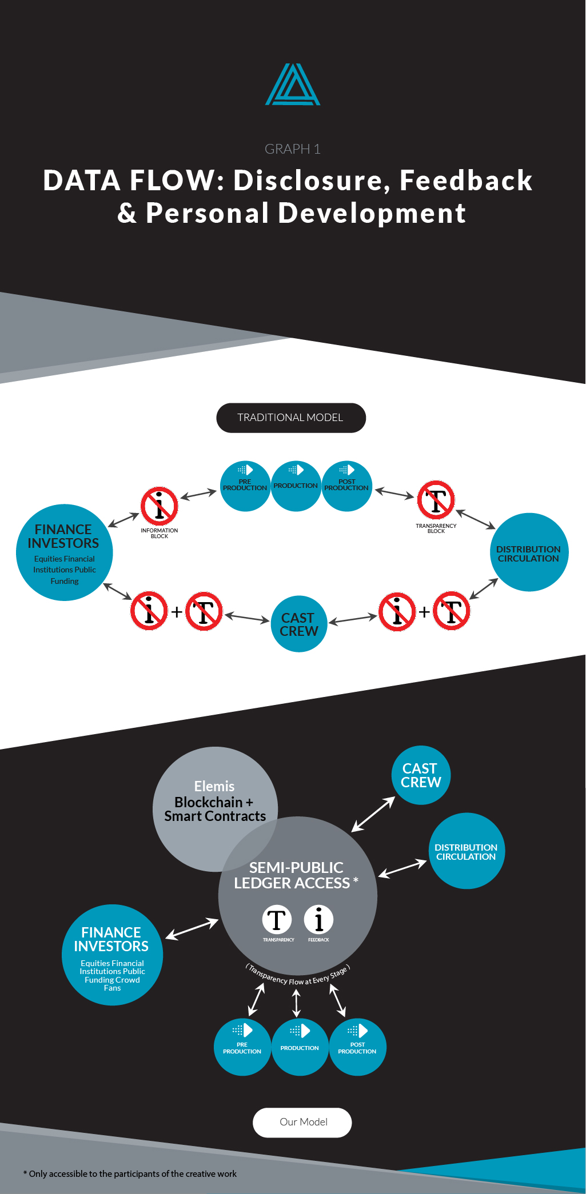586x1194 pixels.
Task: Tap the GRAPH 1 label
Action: (x=293, y=149)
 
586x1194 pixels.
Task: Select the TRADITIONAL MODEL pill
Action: (x=291, y=418)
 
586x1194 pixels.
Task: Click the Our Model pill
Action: (x=302, y=1122)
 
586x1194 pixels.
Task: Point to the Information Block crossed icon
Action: (x=160, y=506)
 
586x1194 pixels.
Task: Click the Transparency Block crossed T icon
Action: (x=436, y=500)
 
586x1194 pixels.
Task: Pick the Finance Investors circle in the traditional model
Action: (x=65, y=552)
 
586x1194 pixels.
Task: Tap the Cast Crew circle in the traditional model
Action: (x=298, y=624)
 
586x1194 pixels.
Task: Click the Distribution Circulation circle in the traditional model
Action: (x=529, y=552)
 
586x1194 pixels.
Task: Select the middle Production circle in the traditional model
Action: (x=296, y=486)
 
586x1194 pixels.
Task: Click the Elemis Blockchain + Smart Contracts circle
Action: (x=215, y=809)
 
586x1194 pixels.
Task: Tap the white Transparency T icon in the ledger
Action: (x=277, y=920)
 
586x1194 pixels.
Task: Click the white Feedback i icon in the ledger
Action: (x=318, y=920)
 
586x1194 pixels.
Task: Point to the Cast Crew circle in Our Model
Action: (x=421, y=775)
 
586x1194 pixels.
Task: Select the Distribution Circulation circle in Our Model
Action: (x=467, y=851)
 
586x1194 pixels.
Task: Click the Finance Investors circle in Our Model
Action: (x=113, y=955)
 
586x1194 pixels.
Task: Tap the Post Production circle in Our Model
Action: (x=357, y=1047)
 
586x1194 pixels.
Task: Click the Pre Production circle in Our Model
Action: (x=242, y=1047)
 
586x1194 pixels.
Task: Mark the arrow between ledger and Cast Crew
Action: (x=373, y=814)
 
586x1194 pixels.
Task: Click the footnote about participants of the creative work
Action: (x=130, y=1173)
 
